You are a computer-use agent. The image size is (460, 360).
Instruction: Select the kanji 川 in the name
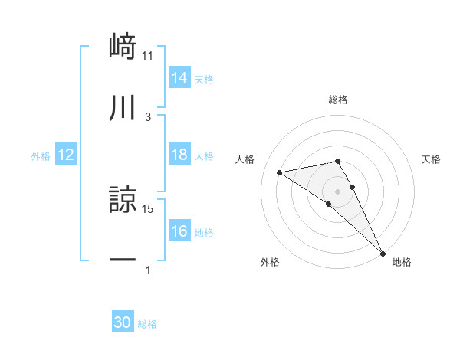pyautogui.click(x=122, y=108)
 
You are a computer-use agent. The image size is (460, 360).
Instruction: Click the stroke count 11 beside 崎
pyautogui.click(x=147, y=55)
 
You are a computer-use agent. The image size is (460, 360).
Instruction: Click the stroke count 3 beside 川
pyautogui.click(x=147, y=116)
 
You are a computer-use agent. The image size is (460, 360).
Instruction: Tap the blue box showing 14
pyautogui.click(x=179, y=78)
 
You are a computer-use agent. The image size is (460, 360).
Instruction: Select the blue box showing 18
pyautogui.click(x=179, y=155)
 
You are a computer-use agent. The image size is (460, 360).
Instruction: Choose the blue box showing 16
pyautogui.click(x=179, y=231)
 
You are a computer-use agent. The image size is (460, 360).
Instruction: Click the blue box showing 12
pyautogui.click(x=66, y=155)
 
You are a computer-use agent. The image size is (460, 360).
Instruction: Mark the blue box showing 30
pyautogui.click(x=122, y=322)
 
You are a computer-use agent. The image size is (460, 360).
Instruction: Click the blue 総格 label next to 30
pyautogui.click(x=147, y=324)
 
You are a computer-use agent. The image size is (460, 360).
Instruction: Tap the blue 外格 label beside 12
pyautogui.click(x=41, y=156)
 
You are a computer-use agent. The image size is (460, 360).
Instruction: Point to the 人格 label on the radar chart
pyautogui.click(x=246, y=159)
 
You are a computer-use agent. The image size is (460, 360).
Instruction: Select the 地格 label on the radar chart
pyautogui.click(x=402, y=262)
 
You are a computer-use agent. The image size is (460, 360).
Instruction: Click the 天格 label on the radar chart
pyautogui.click(x=431, y=159)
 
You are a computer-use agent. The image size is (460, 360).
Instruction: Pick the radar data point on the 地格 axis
pyautogui.click(x=383, y=252)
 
